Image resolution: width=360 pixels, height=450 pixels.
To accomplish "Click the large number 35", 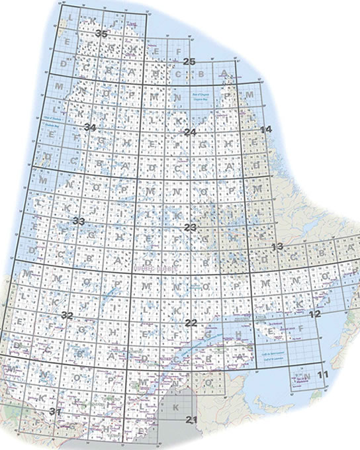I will click(x=101, y=34).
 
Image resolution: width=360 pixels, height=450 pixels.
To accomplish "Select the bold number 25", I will click(x=189, y=62).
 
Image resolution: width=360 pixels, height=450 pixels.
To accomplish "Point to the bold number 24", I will click(x=191, y=132).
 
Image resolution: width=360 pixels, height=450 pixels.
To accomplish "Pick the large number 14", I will click(x=267, y=129).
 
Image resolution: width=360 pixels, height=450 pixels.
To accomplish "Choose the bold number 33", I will click(x=79, y=220).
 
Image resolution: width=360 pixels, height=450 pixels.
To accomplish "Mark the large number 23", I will click(x=191, y=227).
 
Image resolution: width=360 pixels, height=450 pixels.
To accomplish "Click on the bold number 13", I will click(x=278, y=247).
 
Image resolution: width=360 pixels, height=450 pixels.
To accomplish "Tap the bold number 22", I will click(x=191, y=322).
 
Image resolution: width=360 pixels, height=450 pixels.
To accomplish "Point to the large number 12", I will click(x=314, y=314).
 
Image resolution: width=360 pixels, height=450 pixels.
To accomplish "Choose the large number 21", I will click(x=192, y=420).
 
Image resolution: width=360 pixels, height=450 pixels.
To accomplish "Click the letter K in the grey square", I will click(x=175, y=406).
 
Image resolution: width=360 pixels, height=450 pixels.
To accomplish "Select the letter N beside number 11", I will click(x=308, y=377).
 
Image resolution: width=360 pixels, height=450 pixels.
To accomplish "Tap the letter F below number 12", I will click(x=300, y=328).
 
